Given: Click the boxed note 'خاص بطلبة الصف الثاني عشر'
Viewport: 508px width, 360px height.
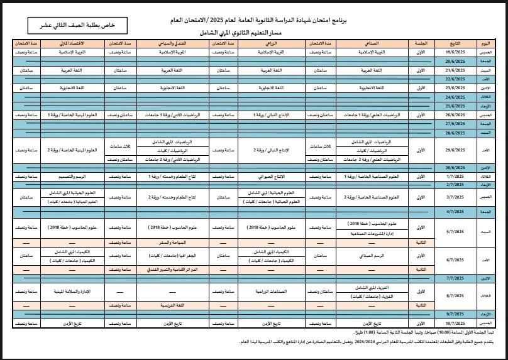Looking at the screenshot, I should click(70, 26).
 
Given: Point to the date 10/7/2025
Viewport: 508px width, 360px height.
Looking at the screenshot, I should click(453, 322).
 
